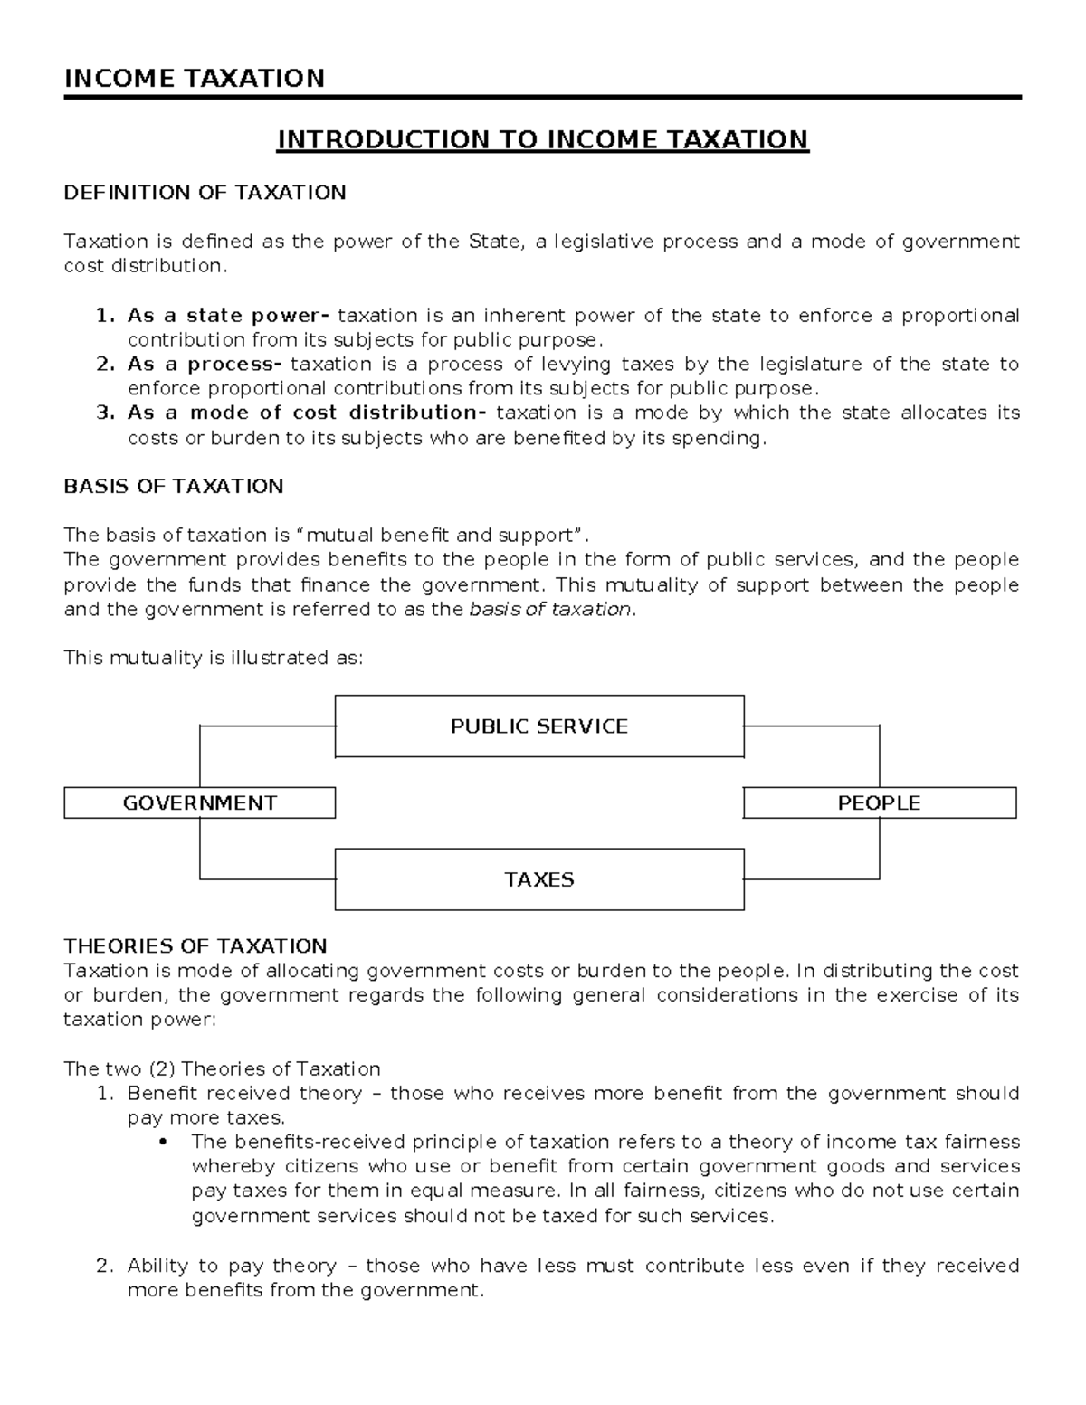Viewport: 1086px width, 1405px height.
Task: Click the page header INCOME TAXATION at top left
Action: pos(194,78)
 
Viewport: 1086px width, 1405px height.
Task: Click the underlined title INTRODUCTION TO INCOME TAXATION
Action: pos(542,139)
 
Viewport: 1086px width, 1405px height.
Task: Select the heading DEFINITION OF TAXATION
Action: pos(205,193)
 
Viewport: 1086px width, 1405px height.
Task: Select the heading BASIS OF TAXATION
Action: pos(173,487)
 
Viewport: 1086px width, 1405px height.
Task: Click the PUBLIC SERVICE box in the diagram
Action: pos(539,726)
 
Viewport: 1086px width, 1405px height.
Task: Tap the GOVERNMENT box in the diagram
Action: pos(199,803)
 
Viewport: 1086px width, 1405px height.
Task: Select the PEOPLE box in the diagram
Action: pos(879,803)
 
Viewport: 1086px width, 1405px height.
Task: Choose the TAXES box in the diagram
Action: pos(539,879)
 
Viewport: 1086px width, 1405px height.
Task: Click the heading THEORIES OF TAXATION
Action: pos(195,946)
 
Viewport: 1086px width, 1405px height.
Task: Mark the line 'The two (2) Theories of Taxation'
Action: pos(222,1068)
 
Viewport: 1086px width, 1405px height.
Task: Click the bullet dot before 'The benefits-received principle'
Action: pos(163,1143)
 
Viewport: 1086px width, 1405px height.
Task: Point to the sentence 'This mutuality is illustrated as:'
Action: pos(213,658)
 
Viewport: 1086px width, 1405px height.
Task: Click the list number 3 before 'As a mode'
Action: pos(102,413)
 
